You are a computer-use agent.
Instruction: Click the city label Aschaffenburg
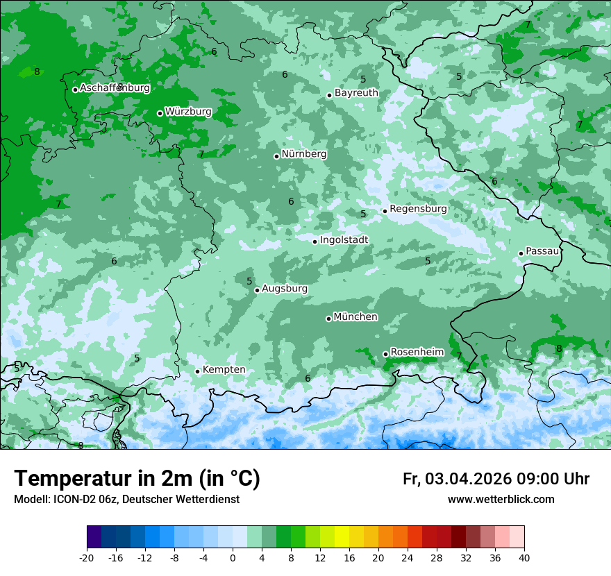tap(115, 88)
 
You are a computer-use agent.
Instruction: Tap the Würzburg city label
tap(188, 112)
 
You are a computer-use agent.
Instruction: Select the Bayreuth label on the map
tap(356, 93)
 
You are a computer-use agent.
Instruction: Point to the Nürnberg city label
tap(303, 154)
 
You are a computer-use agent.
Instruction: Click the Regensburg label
tap(418, 209)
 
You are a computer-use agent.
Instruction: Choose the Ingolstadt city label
tap(344, 240)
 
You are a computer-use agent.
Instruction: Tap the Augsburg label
tap(284, 289)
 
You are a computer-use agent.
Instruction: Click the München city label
tap(355, 317)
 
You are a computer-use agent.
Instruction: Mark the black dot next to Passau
tap(521, 253)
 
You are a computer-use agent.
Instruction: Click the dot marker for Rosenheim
tap(385, 354)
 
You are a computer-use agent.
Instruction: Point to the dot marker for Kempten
tap(197, 371)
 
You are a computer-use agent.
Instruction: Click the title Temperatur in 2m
tap(137, 479)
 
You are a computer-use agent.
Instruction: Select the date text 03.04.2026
tap(468, 479)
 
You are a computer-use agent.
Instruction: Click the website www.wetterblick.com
tap(501, 500)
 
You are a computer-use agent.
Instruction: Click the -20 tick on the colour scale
tap(87, 557)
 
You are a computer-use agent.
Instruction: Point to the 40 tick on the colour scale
tap(524, 557)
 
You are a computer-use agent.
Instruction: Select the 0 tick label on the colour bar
tap(233, 557)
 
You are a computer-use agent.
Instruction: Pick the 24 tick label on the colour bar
tap(407, 557)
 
